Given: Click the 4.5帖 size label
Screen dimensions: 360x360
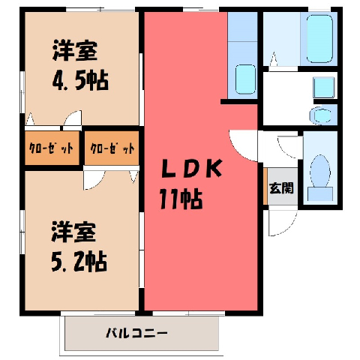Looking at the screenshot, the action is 80,81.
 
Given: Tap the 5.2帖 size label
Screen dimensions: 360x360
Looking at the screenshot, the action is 79,262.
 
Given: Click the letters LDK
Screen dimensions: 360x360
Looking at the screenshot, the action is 192,169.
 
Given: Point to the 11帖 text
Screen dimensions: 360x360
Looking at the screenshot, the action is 181,199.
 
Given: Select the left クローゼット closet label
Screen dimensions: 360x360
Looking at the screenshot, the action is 52,148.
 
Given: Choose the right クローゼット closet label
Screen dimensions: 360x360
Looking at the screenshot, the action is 112,148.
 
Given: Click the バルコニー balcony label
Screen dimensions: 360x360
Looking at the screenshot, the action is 136,333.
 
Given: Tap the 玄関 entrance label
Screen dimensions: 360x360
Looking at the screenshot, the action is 281,188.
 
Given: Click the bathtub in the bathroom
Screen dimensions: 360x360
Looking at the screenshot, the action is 319,39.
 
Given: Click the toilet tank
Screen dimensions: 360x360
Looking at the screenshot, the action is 320,193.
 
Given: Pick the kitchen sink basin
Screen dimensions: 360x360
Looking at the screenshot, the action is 246,79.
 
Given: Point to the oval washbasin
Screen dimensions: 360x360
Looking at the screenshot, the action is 320,115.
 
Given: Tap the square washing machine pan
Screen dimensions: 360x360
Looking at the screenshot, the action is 324,88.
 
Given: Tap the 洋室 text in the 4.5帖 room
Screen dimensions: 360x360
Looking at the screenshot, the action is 75,51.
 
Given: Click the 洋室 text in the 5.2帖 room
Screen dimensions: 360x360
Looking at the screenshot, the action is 73,232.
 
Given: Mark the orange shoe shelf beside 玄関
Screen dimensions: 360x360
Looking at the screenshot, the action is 265,186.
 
